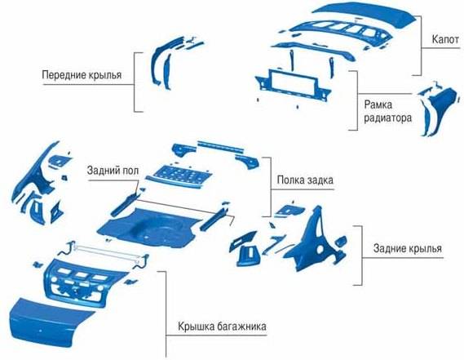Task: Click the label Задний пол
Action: pyautogui.click(x=113, y=171)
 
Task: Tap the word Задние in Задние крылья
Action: pyautogui.click(x=391, y=248)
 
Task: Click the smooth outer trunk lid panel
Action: pyautogui.click(x=49, y=317)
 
